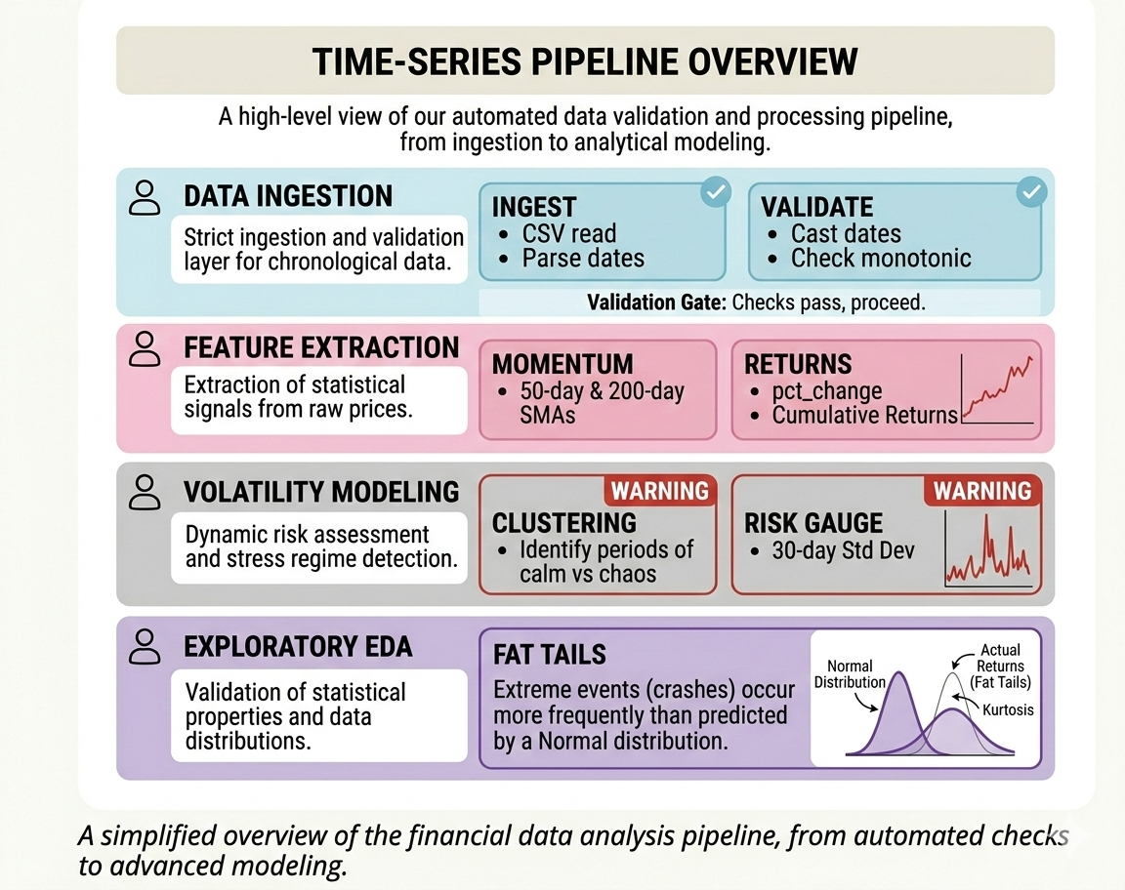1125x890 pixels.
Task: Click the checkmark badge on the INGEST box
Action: pos(715,191)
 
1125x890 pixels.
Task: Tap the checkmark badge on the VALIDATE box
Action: pos(1031,191)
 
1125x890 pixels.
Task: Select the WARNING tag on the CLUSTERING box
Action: pos(659,491)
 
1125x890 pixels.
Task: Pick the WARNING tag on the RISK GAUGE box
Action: pos(982,491)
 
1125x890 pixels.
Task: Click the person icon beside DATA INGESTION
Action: pos(145,198)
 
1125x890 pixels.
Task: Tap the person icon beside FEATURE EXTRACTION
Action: pos(145,349)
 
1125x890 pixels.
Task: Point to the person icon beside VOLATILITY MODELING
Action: pos(145,492)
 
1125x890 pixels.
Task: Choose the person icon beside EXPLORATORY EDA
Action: pos(145,647)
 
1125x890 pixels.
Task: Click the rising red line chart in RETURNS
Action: pos(998,388)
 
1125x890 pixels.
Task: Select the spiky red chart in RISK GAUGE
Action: pos(988,549)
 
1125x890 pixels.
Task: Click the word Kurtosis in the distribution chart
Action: pos(1008,710)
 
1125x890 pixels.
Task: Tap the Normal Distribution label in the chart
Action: pos(850,674)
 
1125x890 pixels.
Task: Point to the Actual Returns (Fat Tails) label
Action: pos(1000,666)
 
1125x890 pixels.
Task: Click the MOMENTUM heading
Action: pos(562,364)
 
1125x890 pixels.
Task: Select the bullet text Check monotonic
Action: pos(881,259)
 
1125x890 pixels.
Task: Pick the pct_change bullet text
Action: pos(827,391)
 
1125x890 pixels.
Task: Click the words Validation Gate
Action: pos(656,303)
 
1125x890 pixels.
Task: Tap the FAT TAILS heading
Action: pos(550,655)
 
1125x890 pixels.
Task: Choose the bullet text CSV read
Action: pos(569,234)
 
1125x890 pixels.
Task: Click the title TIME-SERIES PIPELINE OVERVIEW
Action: pos(585,61)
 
